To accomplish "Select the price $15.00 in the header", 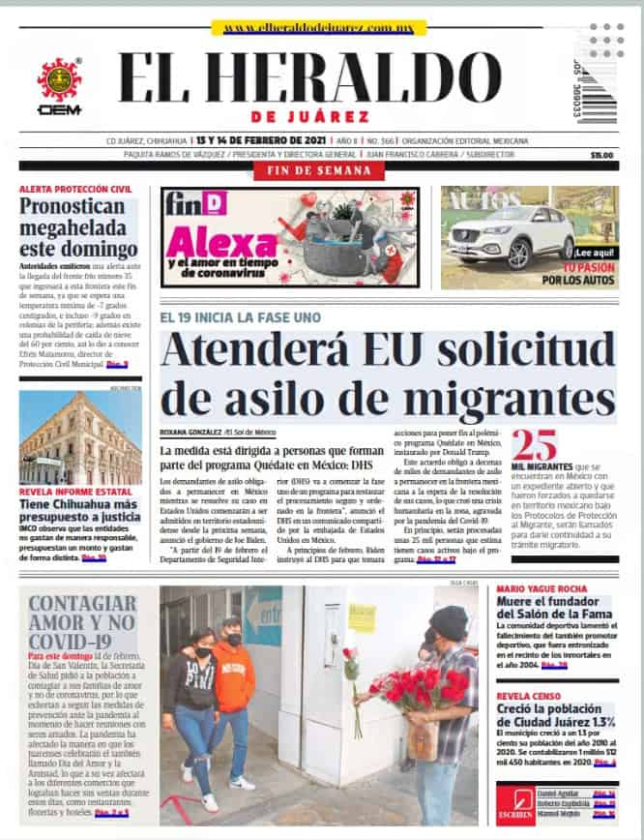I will (x=601, y=155).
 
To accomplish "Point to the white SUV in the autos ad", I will (x=510, y=235).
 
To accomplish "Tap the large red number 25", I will (x=534, y=444).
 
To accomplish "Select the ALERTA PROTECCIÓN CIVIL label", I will (x=74, y=189).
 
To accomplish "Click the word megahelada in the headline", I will (x=73, y=228).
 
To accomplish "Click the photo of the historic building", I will (x=79, y=437).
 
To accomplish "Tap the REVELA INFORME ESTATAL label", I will (x=73, y=493).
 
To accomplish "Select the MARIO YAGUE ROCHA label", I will (x=541, y=588).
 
